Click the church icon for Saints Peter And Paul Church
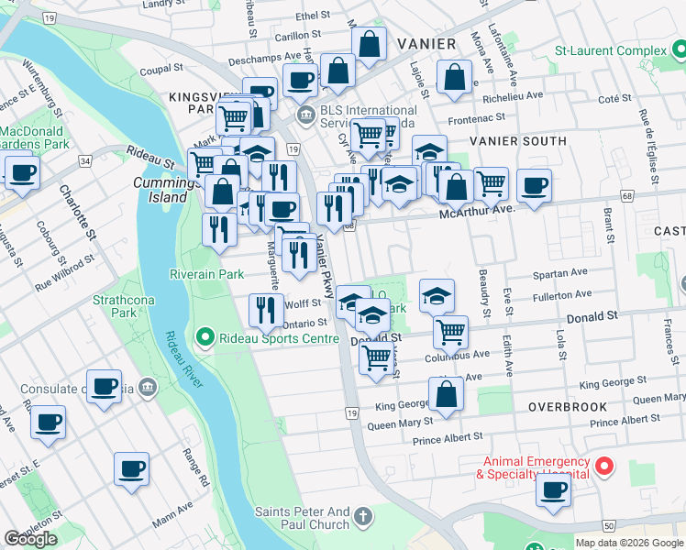tap(364, 516)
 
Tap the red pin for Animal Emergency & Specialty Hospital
tap(603, 467)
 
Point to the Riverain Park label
tap(206, 274)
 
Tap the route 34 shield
tap(85, 160)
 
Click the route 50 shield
tap(609, 525)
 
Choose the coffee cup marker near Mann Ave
tap(131, 468)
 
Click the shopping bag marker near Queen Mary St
tap(446, 395)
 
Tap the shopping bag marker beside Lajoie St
tap(455, 79)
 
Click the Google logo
tap(30, 539)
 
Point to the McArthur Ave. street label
tap(477, 209)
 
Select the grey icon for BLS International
tap(305, 115)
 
